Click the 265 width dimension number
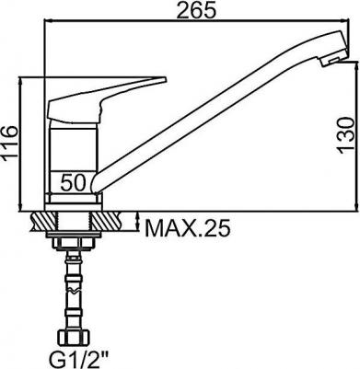pos(196,11)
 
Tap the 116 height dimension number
pos(10,143)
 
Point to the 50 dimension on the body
pos(74,182)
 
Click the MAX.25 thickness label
pos(187,228)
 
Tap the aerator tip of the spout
pos(334,60)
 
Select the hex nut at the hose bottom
pos(73,339)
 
